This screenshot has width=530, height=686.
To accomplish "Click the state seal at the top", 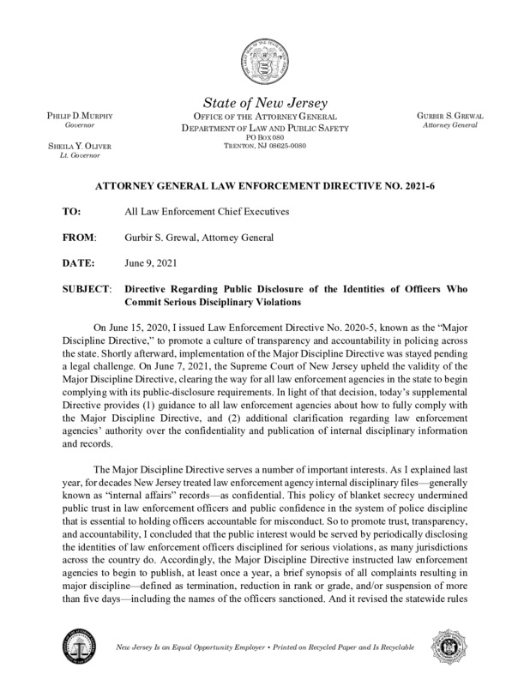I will [264, 63].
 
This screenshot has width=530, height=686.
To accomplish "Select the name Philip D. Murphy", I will [73, 116].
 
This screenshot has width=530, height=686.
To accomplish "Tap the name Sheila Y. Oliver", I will [73, 146].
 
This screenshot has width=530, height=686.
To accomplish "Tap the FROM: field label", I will [80, 235].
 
